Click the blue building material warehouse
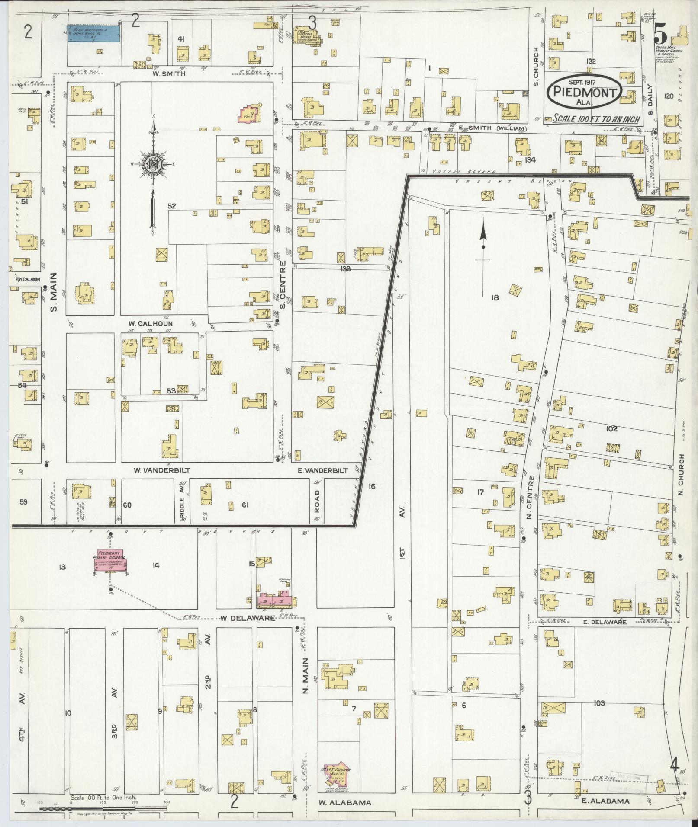pos(93,33)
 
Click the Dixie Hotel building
pos(308,36)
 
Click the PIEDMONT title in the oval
pos(585,92)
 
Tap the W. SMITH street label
pos(168,73)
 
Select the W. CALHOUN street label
pos(150,323)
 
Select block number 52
pos(172,206)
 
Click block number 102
pos(611,429)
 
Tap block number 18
pos(495,297)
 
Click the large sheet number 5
pos(660,32)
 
